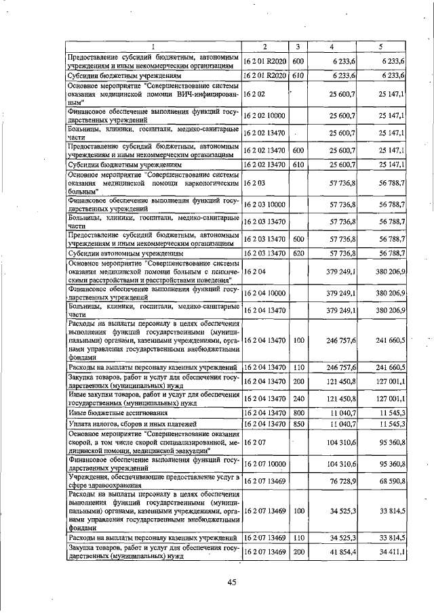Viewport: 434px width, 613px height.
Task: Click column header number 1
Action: click(153, 46)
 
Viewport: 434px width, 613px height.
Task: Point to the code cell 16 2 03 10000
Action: click(265, 204)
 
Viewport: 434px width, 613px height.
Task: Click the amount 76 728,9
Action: click(342, 481)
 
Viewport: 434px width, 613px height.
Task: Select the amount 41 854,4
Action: click(342, 553)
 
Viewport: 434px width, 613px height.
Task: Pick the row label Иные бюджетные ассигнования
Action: click(112, 411)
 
